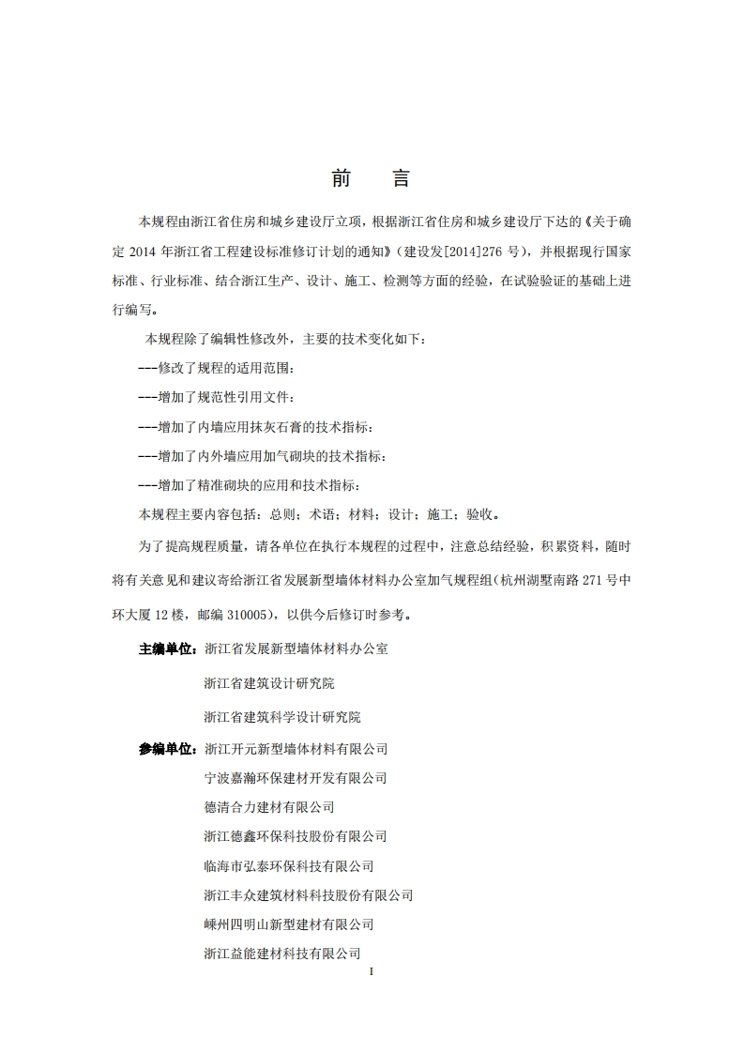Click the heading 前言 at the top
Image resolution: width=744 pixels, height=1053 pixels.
click(371, 178)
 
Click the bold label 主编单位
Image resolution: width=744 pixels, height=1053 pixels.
click(168, 649)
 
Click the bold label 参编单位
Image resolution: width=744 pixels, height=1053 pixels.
click(168, 749)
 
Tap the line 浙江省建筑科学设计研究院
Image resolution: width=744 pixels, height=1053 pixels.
click(282, 717)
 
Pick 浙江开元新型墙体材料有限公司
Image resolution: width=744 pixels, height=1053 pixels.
click(296, 749)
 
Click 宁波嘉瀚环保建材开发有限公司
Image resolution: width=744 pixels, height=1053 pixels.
click(296, 778)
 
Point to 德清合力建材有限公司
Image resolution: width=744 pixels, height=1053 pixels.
click(269, 807)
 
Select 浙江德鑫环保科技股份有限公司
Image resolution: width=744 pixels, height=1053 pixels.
click(296, 836)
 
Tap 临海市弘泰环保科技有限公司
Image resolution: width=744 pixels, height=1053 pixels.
click(289, 866)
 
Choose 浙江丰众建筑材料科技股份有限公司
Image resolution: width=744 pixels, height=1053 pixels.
click(309, 895)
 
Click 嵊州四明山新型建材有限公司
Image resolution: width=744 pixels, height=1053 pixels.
click(289, 924)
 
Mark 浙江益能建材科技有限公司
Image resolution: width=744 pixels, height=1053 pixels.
click(282, 954)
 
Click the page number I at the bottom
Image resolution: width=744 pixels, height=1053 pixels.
click(372, 971)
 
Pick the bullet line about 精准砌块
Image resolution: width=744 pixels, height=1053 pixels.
click(248, 485)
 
